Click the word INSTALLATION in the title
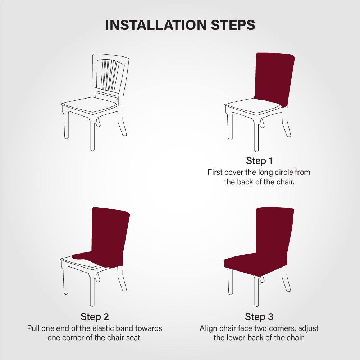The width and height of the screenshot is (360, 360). tap(156, 25)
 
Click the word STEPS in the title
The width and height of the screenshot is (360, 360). tap(233, 25)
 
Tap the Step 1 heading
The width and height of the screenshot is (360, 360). tap(259, 161)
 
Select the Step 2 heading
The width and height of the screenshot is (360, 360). tap(95, 317)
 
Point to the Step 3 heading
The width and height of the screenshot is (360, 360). tap(259, 317)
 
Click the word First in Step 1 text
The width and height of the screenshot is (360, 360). tap(215, 172)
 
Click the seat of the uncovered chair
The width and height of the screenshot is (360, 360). tap(90, 105)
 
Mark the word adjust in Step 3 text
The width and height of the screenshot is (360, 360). tap(308, 329)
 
